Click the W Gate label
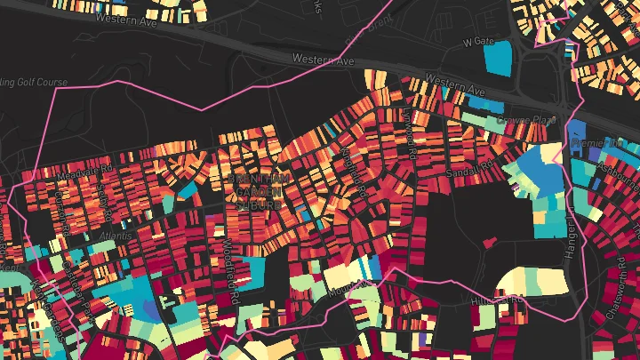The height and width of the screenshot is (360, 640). [x=476, y=41]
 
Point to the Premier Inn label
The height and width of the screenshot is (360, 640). [x=598, y=143]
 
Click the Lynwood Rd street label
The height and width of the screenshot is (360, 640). [x=411, y=133]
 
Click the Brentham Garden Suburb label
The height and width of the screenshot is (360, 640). [x=255, y=191]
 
